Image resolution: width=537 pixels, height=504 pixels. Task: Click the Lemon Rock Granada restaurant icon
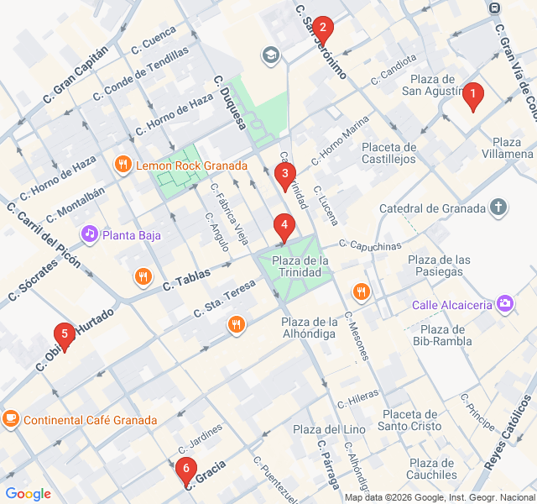coord(123,165)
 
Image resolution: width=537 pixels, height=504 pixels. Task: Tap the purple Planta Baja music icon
coord(89,233)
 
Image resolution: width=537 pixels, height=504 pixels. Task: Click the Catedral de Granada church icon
coord(499,207)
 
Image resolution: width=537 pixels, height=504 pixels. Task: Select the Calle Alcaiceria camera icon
coord(505,302)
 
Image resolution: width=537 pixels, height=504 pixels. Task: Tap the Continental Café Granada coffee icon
coord(11,418)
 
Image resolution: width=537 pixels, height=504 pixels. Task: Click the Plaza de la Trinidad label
coord(300,266)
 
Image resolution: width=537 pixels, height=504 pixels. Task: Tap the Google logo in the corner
coord(28,493)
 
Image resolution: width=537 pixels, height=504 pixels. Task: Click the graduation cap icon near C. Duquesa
coord(270,55)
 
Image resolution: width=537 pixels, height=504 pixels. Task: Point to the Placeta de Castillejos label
coord(388,153)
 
